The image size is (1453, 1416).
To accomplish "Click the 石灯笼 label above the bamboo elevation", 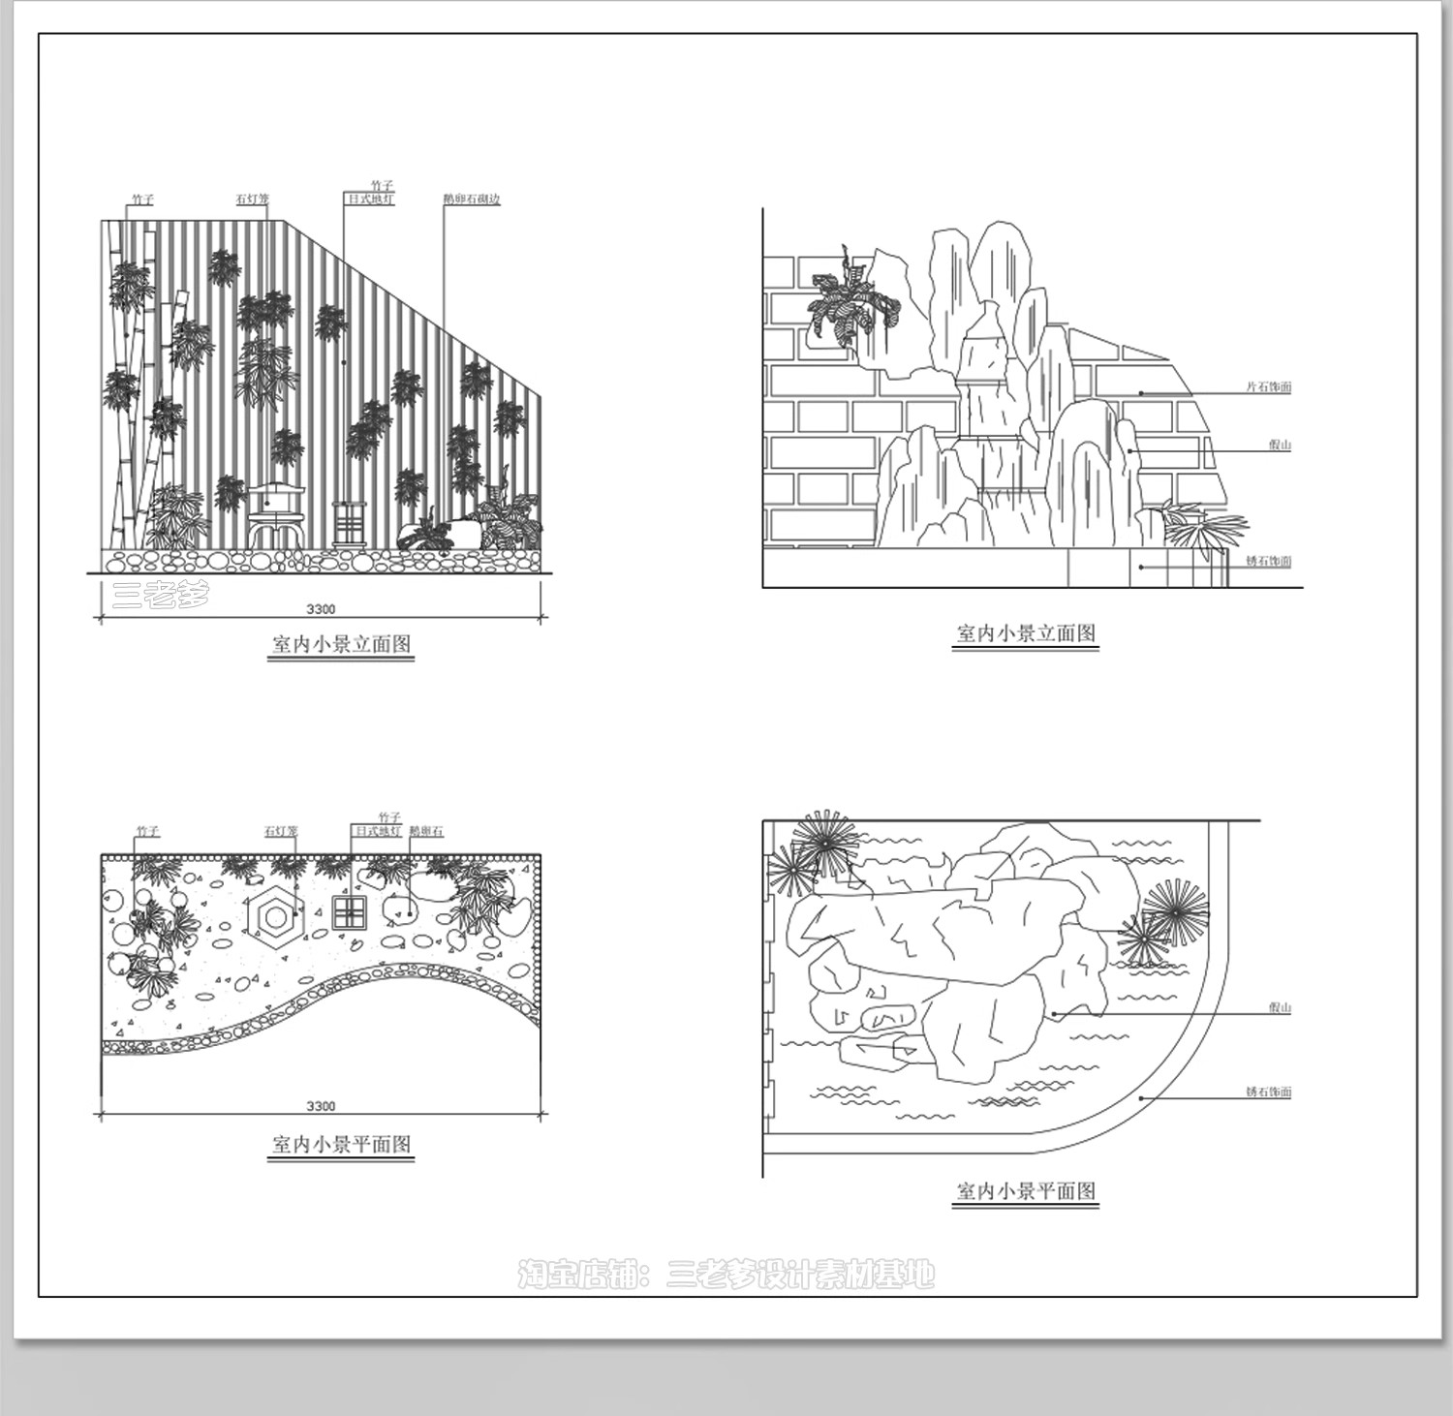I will [x=253, y=200].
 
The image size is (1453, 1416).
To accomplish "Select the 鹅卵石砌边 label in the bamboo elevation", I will [x=472, y=200].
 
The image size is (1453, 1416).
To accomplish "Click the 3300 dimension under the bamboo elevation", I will [x=321, y=609].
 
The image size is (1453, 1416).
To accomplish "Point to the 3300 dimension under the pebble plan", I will [x=321, y=1106].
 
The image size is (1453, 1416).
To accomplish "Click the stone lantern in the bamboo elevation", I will [x=276, y=514].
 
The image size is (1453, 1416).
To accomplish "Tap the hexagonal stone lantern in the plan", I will [x=275, y=914].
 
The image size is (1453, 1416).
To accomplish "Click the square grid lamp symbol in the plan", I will [x=349, y=912].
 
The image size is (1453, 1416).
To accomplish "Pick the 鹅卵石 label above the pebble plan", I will [x=426, y=832].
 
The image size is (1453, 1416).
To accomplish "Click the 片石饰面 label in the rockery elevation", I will [x=1268, y=387].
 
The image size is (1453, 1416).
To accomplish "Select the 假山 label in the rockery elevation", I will [x=1280, y=446].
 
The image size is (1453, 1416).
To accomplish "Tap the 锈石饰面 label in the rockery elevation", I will [x=1268, y=562].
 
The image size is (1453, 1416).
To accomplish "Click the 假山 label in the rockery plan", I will [x=1280, y=1008].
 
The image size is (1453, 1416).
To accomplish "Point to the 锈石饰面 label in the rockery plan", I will [x=1268, y=1093].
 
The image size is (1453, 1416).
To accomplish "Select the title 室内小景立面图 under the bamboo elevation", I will [x=341, y=644].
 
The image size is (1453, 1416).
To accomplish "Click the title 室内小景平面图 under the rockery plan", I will [x=1026, y=1191].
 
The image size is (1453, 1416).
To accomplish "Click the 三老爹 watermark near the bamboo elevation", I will [x=161, y=593].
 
